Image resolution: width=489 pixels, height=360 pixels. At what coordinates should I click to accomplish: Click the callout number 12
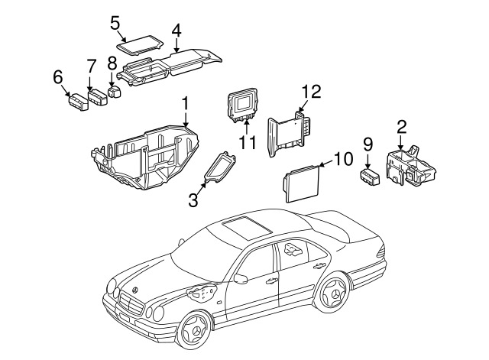pos(311,92)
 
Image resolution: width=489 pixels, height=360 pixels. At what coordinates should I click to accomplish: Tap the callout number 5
pos(115,24)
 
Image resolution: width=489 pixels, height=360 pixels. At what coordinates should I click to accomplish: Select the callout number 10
pos(343,159)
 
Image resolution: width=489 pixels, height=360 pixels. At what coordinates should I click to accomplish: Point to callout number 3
pos(193,200)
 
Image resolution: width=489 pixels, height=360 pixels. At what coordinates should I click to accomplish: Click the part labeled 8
pos(115,92)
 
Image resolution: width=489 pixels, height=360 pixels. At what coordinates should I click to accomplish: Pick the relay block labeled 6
pos(78,102)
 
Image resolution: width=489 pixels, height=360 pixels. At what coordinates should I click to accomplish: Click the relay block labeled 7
pos(98,97)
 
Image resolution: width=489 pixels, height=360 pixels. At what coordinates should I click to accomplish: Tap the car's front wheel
pos(194,329)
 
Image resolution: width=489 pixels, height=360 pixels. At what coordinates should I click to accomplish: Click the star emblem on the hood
pos(135,290)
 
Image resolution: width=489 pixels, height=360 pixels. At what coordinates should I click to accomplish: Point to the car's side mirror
pos(241,278)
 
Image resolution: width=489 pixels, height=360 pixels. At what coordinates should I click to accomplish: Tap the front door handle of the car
pos(272,281)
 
